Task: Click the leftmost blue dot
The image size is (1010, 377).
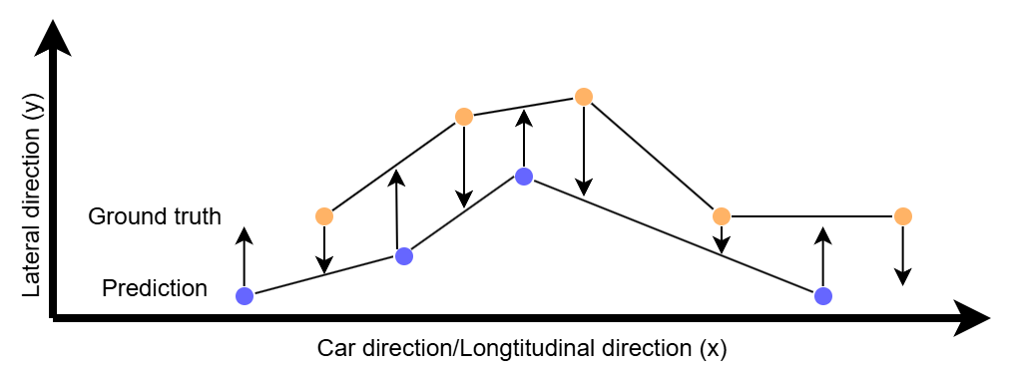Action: (x=245, y=296)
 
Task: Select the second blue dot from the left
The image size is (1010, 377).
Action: (x=404, y=256)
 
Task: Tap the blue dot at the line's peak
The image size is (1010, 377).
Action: (x=524, y=177)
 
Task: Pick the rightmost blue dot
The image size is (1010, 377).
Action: (x=823, y=296)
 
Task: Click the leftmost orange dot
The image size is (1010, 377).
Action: (x=324, y=216)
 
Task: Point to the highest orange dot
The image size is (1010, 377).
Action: (x=584, y=97)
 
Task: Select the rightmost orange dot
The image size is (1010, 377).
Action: (x=903, y=216)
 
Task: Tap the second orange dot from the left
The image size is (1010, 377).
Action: (x=464, y=117)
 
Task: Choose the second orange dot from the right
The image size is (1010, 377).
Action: (x=722, y=216)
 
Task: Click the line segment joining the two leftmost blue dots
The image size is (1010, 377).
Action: (x=324, y=276)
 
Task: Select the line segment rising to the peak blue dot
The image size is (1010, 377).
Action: (x=464, y=216)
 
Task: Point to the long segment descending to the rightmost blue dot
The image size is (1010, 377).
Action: (x=674, y=236)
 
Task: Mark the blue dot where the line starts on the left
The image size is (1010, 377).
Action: (x=245, y=296)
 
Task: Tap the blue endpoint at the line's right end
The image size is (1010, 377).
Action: (x=823, y=296)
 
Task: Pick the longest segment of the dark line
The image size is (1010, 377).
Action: (x=674, y=236)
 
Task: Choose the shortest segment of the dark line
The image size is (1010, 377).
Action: (x=464, y=216)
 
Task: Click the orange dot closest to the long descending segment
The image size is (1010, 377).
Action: (x=722, y=216)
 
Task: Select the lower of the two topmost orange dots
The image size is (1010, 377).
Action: (x=464, y=117)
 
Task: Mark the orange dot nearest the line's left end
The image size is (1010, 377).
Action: (x=324, y=216)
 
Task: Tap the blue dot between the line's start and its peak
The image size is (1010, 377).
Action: (x=404, y=256)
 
